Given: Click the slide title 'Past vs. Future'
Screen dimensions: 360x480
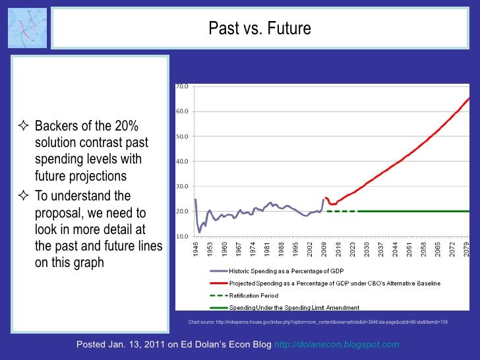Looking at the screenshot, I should (x=259, y=29).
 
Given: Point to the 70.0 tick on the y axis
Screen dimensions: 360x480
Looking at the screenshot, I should (x=181, y=86).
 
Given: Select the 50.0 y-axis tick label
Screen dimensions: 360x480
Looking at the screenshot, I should (x=181, y=136).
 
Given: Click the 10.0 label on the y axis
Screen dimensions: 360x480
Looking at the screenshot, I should (x=181, y=236).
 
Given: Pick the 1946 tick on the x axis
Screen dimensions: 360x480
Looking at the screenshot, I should (x=195, y=248).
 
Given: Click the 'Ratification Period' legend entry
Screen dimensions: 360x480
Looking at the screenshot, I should (x=253, y=295).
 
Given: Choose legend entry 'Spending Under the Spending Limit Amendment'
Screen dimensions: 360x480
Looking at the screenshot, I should (x=293, y=308).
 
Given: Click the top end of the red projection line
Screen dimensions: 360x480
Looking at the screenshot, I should (x=469, y=98).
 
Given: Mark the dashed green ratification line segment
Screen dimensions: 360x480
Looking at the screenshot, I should (x=341, y=211).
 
